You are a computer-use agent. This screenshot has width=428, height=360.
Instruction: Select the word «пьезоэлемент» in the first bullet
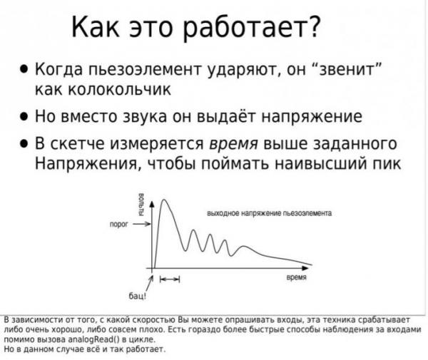[x=144, y=69]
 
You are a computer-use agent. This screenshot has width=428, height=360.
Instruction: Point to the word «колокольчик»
[x=119, y=89]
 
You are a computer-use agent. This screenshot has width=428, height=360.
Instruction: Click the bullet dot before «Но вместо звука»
[x=24, y=116]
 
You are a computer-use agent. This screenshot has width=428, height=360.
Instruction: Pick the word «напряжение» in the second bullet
[x=312, y=118]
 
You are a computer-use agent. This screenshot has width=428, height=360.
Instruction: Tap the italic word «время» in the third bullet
[x=233, y=145]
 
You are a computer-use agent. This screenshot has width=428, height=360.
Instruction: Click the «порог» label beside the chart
[x=118, y=225]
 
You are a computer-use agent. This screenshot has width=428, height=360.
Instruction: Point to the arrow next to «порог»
[x=142, y=224]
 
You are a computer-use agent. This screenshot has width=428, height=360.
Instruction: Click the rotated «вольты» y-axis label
[x=141, y=205]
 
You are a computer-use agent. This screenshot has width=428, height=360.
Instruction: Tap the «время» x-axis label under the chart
[x=297, y=277]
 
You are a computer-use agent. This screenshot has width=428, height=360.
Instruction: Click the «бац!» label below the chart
[x=138, y=296]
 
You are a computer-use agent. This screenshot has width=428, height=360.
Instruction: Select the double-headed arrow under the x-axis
[x=170, y=279]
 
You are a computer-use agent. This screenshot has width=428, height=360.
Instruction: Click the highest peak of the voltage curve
[x=164, y=200]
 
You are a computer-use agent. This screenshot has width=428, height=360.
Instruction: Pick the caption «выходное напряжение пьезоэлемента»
[x=270, y=213]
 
